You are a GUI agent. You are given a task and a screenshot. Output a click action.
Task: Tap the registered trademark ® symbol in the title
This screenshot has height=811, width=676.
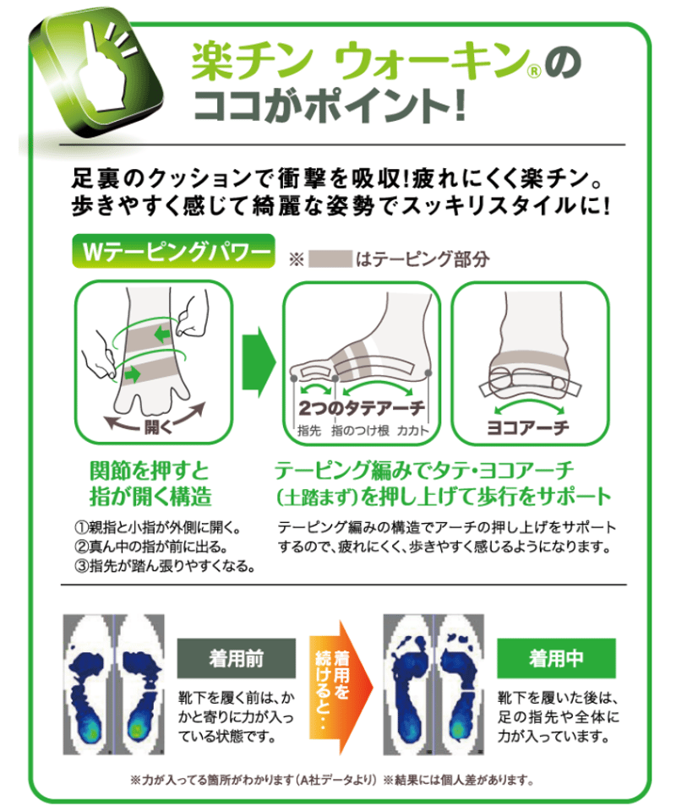[x=533, y=70]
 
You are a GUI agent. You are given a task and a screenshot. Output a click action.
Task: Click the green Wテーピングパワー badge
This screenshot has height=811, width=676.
[x=173, y=252]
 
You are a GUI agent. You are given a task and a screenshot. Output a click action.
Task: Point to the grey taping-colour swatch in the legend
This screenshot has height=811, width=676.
[x=330, y=259]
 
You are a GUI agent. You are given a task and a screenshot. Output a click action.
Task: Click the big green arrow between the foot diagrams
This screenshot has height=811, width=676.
[x=259, y=362]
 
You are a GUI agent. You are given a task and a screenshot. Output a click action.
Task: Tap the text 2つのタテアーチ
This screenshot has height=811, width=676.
[x=362, y=409]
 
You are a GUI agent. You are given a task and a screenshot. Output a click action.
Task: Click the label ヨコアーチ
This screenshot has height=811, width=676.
[x=528, y=427]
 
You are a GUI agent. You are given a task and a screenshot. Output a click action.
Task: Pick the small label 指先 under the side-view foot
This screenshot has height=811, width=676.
[x=308, y=430]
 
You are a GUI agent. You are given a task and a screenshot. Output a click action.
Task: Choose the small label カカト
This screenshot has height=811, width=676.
[x=412, y=430]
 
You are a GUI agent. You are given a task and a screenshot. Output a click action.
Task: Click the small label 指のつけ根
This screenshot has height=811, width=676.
[x=360, y=430]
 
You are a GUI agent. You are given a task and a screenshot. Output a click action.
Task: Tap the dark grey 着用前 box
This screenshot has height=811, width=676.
[x=237, y=658]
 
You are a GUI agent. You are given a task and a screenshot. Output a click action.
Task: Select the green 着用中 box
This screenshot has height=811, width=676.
[x=556, y=658]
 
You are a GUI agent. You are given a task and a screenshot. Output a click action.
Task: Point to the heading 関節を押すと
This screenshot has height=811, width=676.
[x=150, y=471]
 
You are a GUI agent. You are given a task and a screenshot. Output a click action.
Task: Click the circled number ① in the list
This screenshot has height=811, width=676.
[x=82, y=527]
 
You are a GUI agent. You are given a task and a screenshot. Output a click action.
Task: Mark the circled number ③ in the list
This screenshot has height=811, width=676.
[x=82, y=566]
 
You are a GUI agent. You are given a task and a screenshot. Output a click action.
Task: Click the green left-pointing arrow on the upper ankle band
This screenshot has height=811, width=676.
[x=162, y=335]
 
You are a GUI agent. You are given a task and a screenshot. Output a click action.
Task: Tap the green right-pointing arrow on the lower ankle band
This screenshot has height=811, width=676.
[x=133, y=373]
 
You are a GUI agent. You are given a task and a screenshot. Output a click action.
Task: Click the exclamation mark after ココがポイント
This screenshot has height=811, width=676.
[x=460, y=106]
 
